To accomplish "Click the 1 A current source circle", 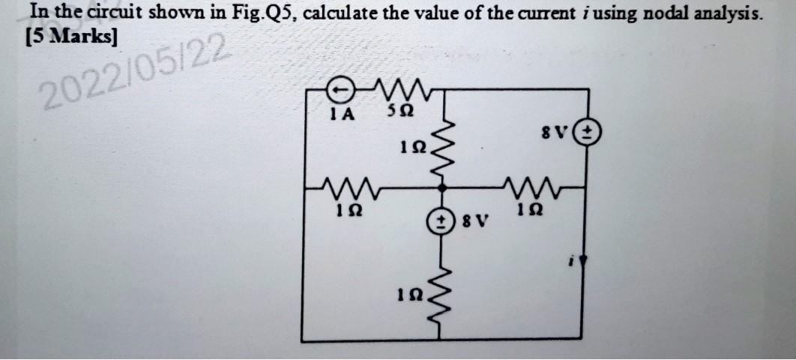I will tap(340, 91).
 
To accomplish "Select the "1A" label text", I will tap(342, 115).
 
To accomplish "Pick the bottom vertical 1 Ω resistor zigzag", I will tap(447, 295).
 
